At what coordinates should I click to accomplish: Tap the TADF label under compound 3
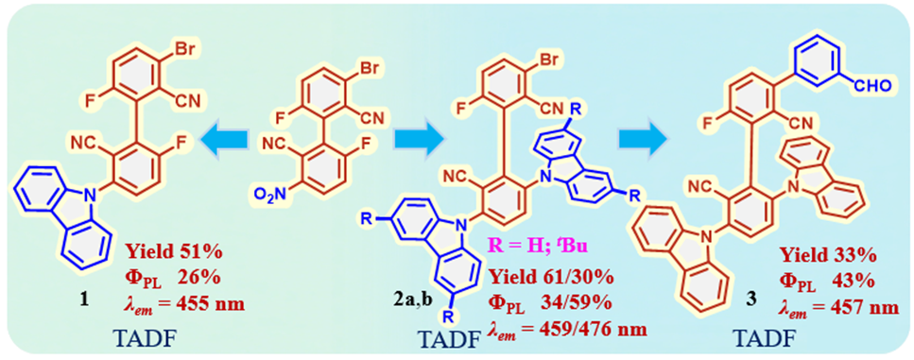click(x=765, y=338)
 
